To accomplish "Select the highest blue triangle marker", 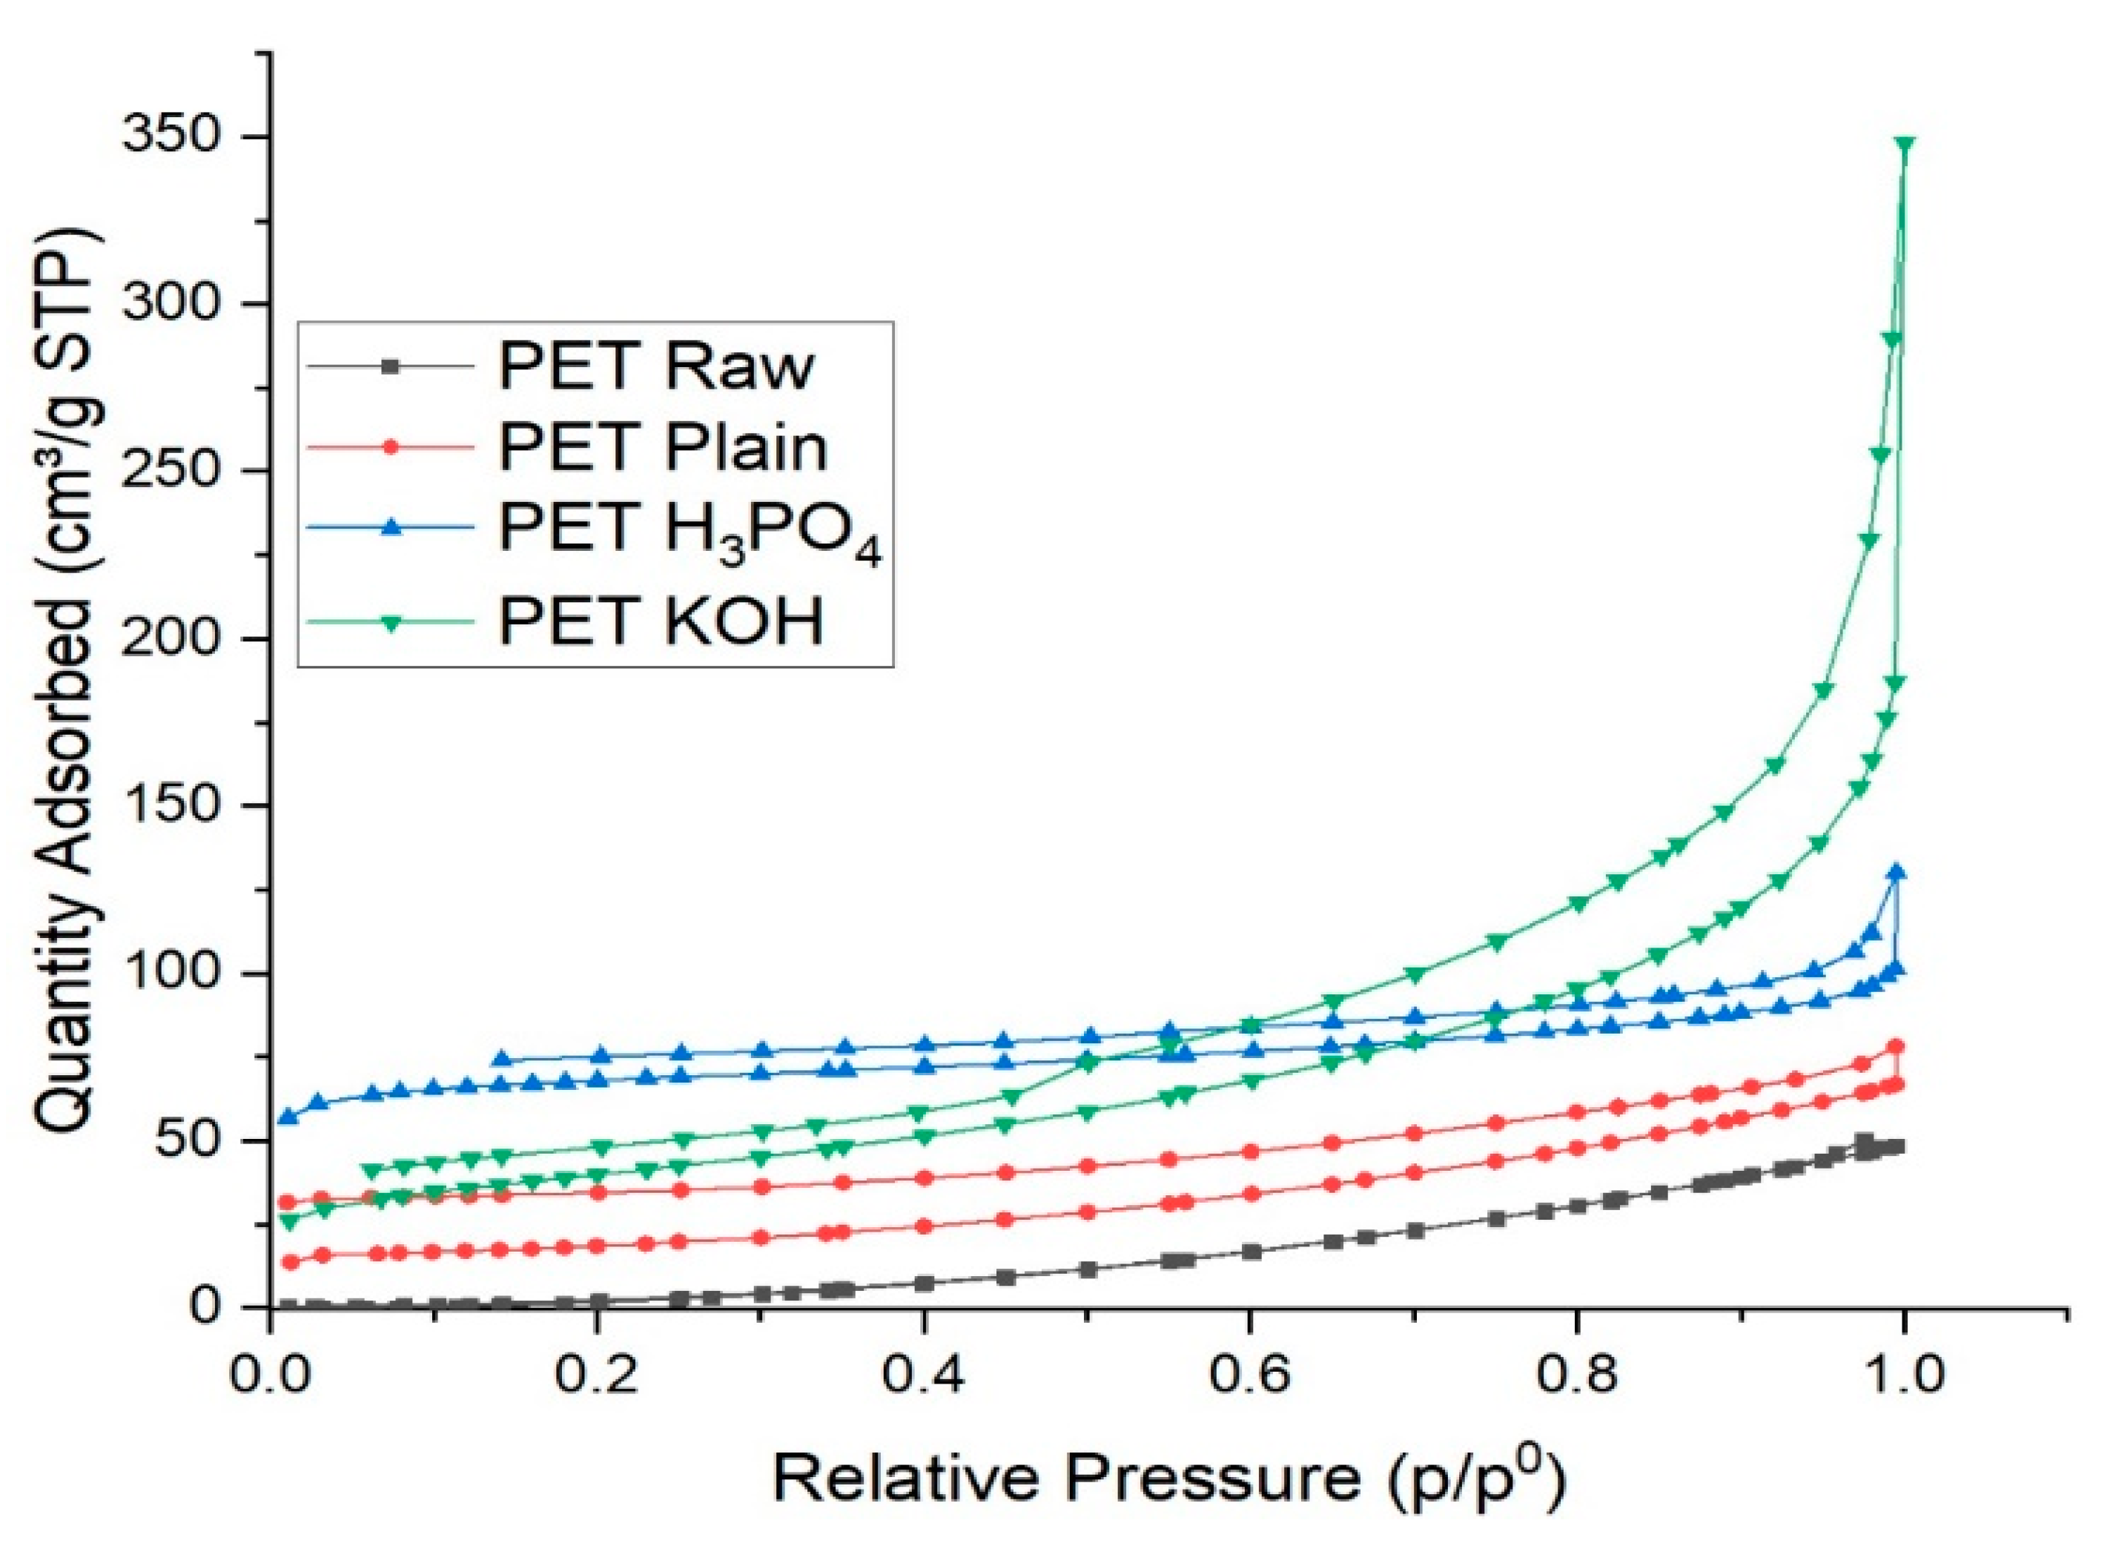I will click(1897, 871).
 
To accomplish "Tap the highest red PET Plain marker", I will click(1896, 1046).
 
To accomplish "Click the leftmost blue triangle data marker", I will click(289, 1115).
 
